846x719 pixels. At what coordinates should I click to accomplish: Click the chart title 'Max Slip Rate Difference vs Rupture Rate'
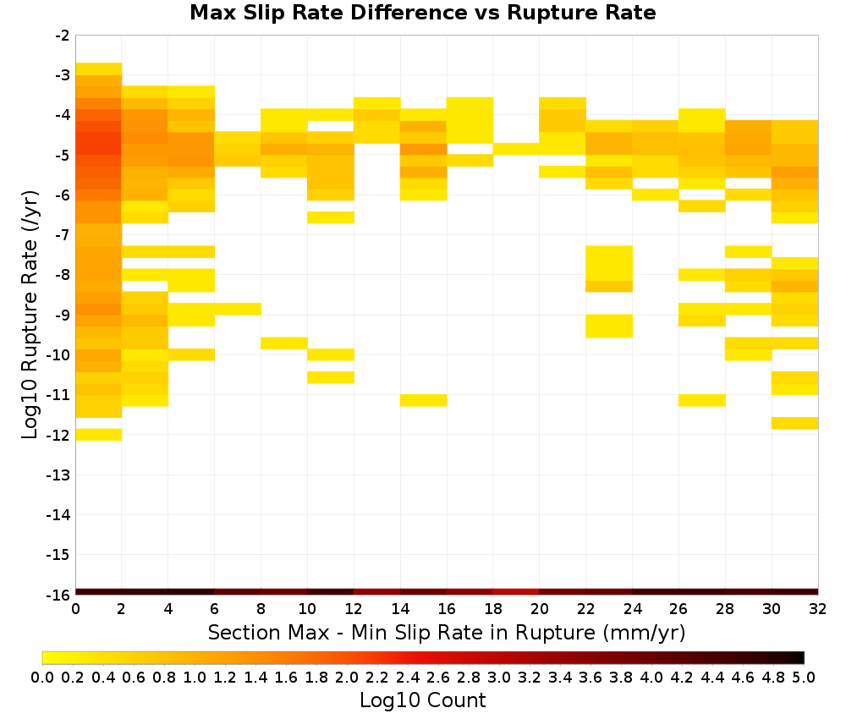(422, 13)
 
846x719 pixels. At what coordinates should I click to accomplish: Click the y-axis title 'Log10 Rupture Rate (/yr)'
(30, 315)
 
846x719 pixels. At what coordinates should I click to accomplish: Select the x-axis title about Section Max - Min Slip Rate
(446, 632)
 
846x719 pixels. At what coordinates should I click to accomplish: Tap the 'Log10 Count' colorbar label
(422, 700)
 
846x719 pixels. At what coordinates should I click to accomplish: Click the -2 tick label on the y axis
(62, 36)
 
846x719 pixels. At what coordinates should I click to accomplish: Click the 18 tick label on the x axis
(492, 609)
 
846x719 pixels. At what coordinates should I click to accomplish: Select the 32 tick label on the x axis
(817, 609)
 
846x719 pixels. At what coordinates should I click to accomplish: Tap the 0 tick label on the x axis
(75, 609)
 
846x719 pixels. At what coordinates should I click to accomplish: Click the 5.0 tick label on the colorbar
(804, 677)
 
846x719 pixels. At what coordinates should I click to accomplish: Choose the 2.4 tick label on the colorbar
(408, 677)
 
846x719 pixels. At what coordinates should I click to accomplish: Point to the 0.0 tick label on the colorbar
(42, 677)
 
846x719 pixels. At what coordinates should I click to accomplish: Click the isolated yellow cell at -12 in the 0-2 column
(99, 434)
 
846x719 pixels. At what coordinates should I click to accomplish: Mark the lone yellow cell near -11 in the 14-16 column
(424, 400)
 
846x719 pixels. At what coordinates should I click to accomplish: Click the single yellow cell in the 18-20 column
(516, 149)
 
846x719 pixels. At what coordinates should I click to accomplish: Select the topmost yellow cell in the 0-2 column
(99, 69)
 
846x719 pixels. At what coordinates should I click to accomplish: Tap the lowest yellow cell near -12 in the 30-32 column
(794, 423)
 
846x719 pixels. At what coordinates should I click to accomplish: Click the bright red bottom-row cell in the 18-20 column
(516, 592)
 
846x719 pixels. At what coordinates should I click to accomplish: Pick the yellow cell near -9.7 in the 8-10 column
(284, 343)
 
